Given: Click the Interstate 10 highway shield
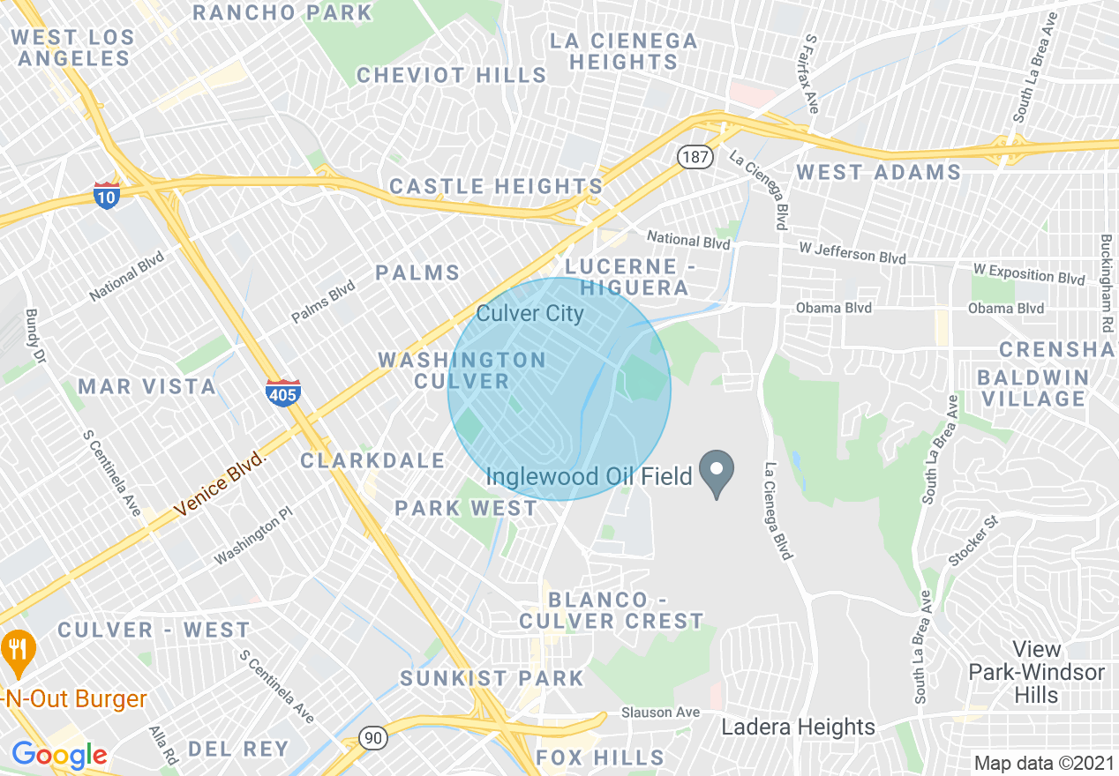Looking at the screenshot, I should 106,196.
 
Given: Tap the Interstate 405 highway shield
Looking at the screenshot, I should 282,393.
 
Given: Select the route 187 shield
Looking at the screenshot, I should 695,156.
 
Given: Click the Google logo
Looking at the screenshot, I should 59,755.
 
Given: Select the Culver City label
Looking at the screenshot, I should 529,313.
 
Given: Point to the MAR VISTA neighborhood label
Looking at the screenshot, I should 147,386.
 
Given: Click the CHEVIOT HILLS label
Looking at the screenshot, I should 452,76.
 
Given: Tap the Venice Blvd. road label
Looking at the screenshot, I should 220,484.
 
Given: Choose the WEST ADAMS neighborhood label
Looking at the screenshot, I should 878,172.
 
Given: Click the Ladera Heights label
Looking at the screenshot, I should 798,727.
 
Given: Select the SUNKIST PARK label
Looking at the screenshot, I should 492,678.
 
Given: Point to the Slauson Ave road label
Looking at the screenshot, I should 660,712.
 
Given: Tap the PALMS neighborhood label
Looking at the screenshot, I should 417,272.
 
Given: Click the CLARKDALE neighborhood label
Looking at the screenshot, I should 373,460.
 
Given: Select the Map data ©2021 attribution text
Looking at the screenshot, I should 1044,763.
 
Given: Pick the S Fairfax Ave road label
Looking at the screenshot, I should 812,75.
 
